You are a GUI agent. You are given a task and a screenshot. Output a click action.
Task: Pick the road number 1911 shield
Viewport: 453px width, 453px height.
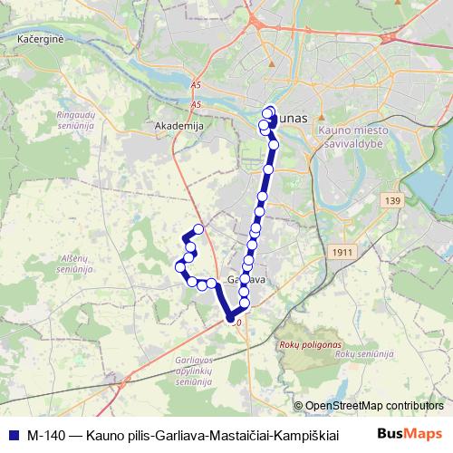point(342,252)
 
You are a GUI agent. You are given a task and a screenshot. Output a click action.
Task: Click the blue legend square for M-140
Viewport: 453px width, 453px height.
point(13,433)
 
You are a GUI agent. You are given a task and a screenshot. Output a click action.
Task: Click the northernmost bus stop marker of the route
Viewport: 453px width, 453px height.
point(269,111)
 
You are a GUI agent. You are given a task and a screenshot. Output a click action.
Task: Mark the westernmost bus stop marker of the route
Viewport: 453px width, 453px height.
point(178,265)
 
